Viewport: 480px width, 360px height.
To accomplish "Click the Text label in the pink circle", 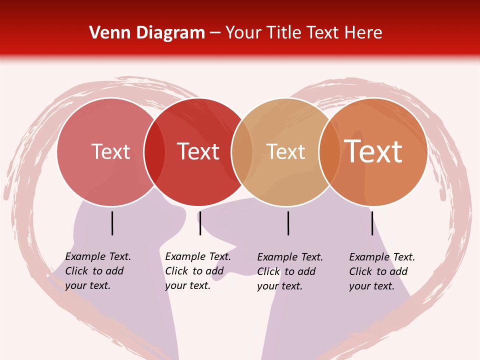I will (110, 151).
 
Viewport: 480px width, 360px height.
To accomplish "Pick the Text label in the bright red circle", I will (198, 151).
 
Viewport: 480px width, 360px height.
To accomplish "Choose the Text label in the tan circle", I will (285, 151).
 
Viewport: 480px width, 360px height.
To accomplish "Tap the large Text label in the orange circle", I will (373, 151).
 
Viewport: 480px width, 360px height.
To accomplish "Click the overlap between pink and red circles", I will (154, 151).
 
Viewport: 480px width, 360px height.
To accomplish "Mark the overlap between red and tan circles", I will (242, 151).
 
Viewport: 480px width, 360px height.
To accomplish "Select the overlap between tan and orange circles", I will (329, 151).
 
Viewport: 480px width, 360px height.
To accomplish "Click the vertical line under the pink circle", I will (112, 223).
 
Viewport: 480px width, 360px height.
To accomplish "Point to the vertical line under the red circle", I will (200, 223).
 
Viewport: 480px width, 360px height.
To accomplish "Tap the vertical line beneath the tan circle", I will (288, 223).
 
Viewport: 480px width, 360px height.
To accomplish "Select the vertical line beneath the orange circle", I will (372, 223).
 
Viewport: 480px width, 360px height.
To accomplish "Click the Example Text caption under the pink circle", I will (97, 271).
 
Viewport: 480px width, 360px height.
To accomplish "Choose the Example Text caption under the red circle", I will (197, 271).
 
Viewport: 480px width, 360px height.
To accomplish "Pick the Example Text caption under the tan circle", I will (289, 271).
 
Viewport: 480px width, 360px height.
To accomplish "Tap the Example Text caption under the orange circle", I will (381, 271).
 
